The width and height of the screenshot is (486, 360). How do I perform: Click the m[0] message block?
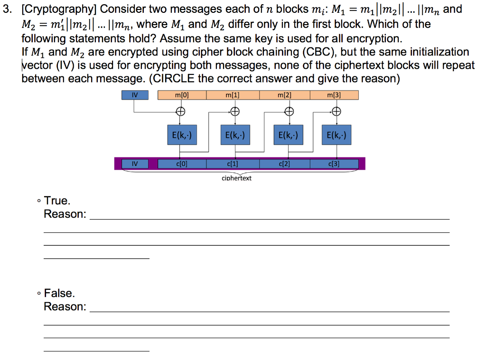[181, 95]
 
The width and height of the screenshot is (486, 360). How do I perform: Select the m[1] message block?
[233, 95]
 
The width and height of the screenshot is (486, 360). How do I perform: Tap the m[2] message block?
[284, 95]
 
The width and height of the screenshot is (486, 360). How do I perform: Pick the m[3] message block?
[334, 95]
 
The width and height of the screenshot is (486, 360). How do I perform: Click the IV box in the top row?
[135, 95]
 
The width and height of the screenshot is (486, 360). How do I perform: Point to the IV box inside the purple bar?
[135, 164]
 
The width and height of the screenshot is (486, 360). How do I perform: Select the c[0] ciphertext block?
[181, 164]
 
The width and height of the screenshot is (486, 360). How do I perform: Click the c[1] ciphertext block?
[233, 164]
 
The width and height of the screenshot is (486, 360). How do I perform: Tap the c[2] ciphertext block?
[284, 164]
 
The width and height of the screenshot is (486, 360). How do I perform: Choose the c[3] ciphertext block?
[334, 164]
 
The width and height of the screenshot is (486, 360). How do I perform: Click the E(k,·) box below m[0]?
[181, 136]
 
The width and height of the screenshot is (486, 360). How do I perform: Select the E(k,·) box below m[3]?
[336, 136]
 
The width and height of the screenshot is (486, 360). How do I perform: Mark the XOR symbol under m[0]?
[181, 112]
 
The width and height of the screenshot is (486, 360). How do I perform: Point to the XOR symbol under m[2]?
[288, 112]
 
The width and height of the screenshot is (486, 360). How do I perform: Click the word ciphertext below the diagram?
[236, 178]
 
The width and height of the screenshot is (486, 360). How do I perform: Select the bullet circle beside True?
[38, 202]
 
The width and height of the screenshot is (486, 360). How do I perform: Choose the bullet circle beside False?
[38, 294]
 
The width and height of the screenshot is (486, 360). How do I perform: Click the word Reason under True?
[64, 214]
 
